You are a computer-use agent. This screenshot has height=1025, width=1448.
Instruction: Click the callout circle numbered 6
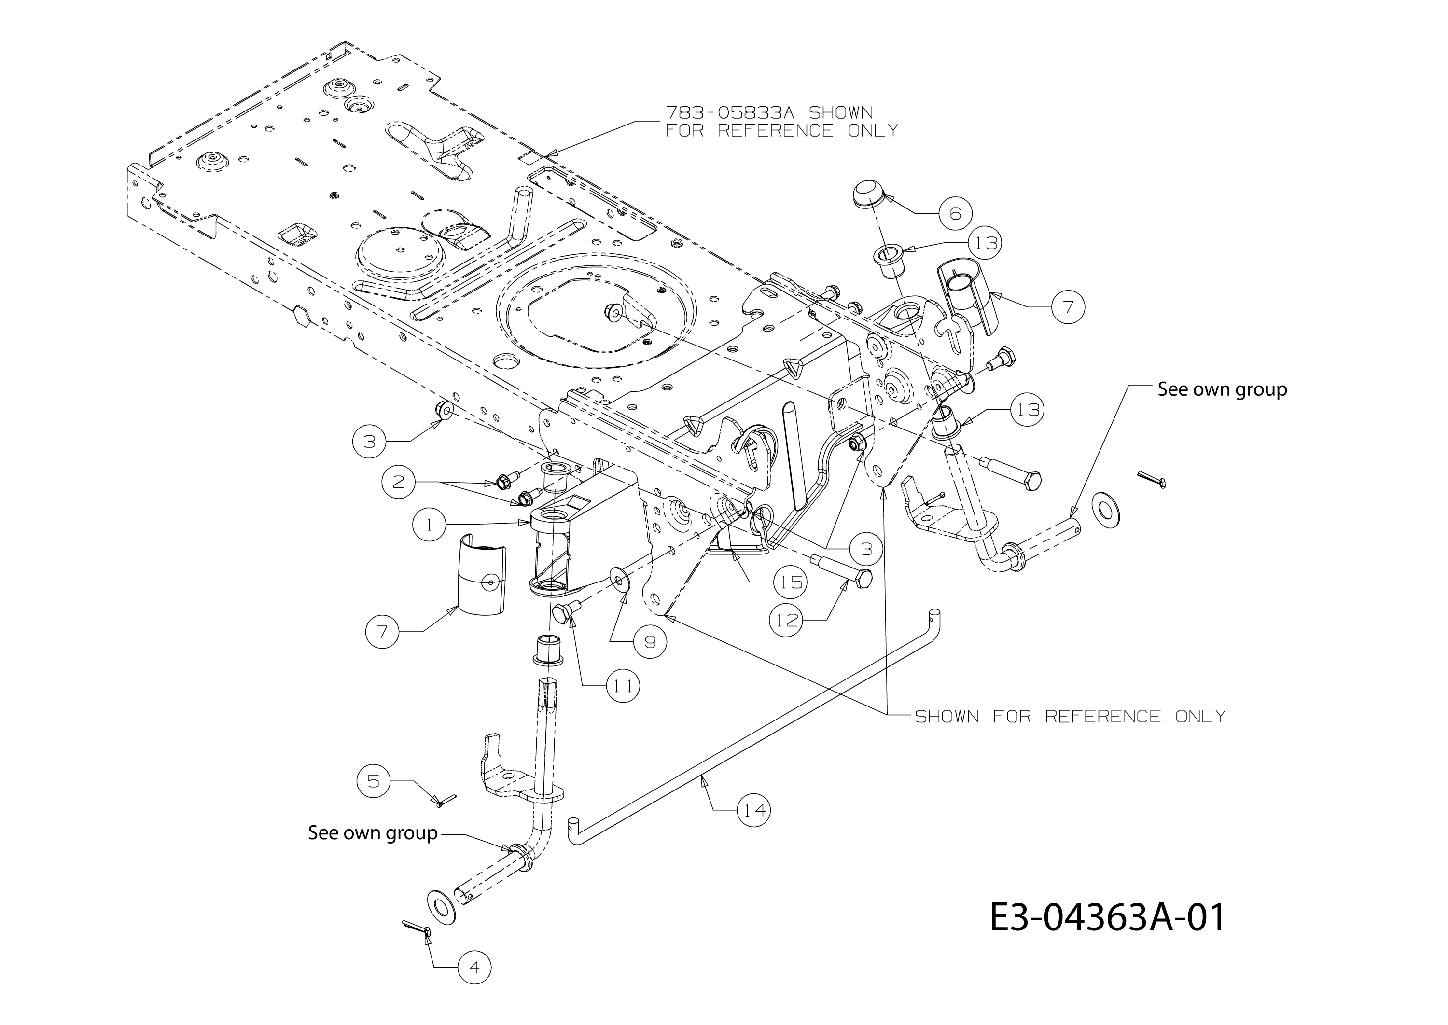click(x=955, y=213)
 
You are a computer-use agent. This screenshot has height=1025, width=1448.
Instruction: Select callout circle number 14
click(x=754, y=810)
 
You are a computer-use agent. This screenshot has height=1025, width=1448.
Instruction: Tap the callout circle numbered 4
click(x=474, y=968)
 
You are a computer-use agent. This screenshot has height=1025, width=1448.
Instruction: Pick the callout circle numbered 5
click(x=374, y=781)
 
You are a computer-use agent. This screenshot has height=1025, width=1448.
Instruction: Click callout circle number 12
click(x=786, y=621)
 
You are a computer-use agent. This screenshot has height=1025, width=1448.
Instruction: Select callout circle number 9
click(x=650, y=642)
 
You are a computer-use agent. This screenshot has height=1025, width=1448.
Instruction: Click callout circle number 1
click(x=430, y=525)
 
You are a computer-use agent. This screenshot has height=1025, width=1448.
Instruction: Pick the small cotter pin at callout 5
click(x=446, y=800)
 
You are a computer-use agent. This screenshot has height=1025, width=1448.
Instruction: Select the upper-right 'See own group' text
click(x=1222, y=389)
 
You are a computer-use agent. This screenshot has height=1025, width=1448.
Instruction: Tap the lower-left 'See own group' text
click(x=373, y=832)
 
